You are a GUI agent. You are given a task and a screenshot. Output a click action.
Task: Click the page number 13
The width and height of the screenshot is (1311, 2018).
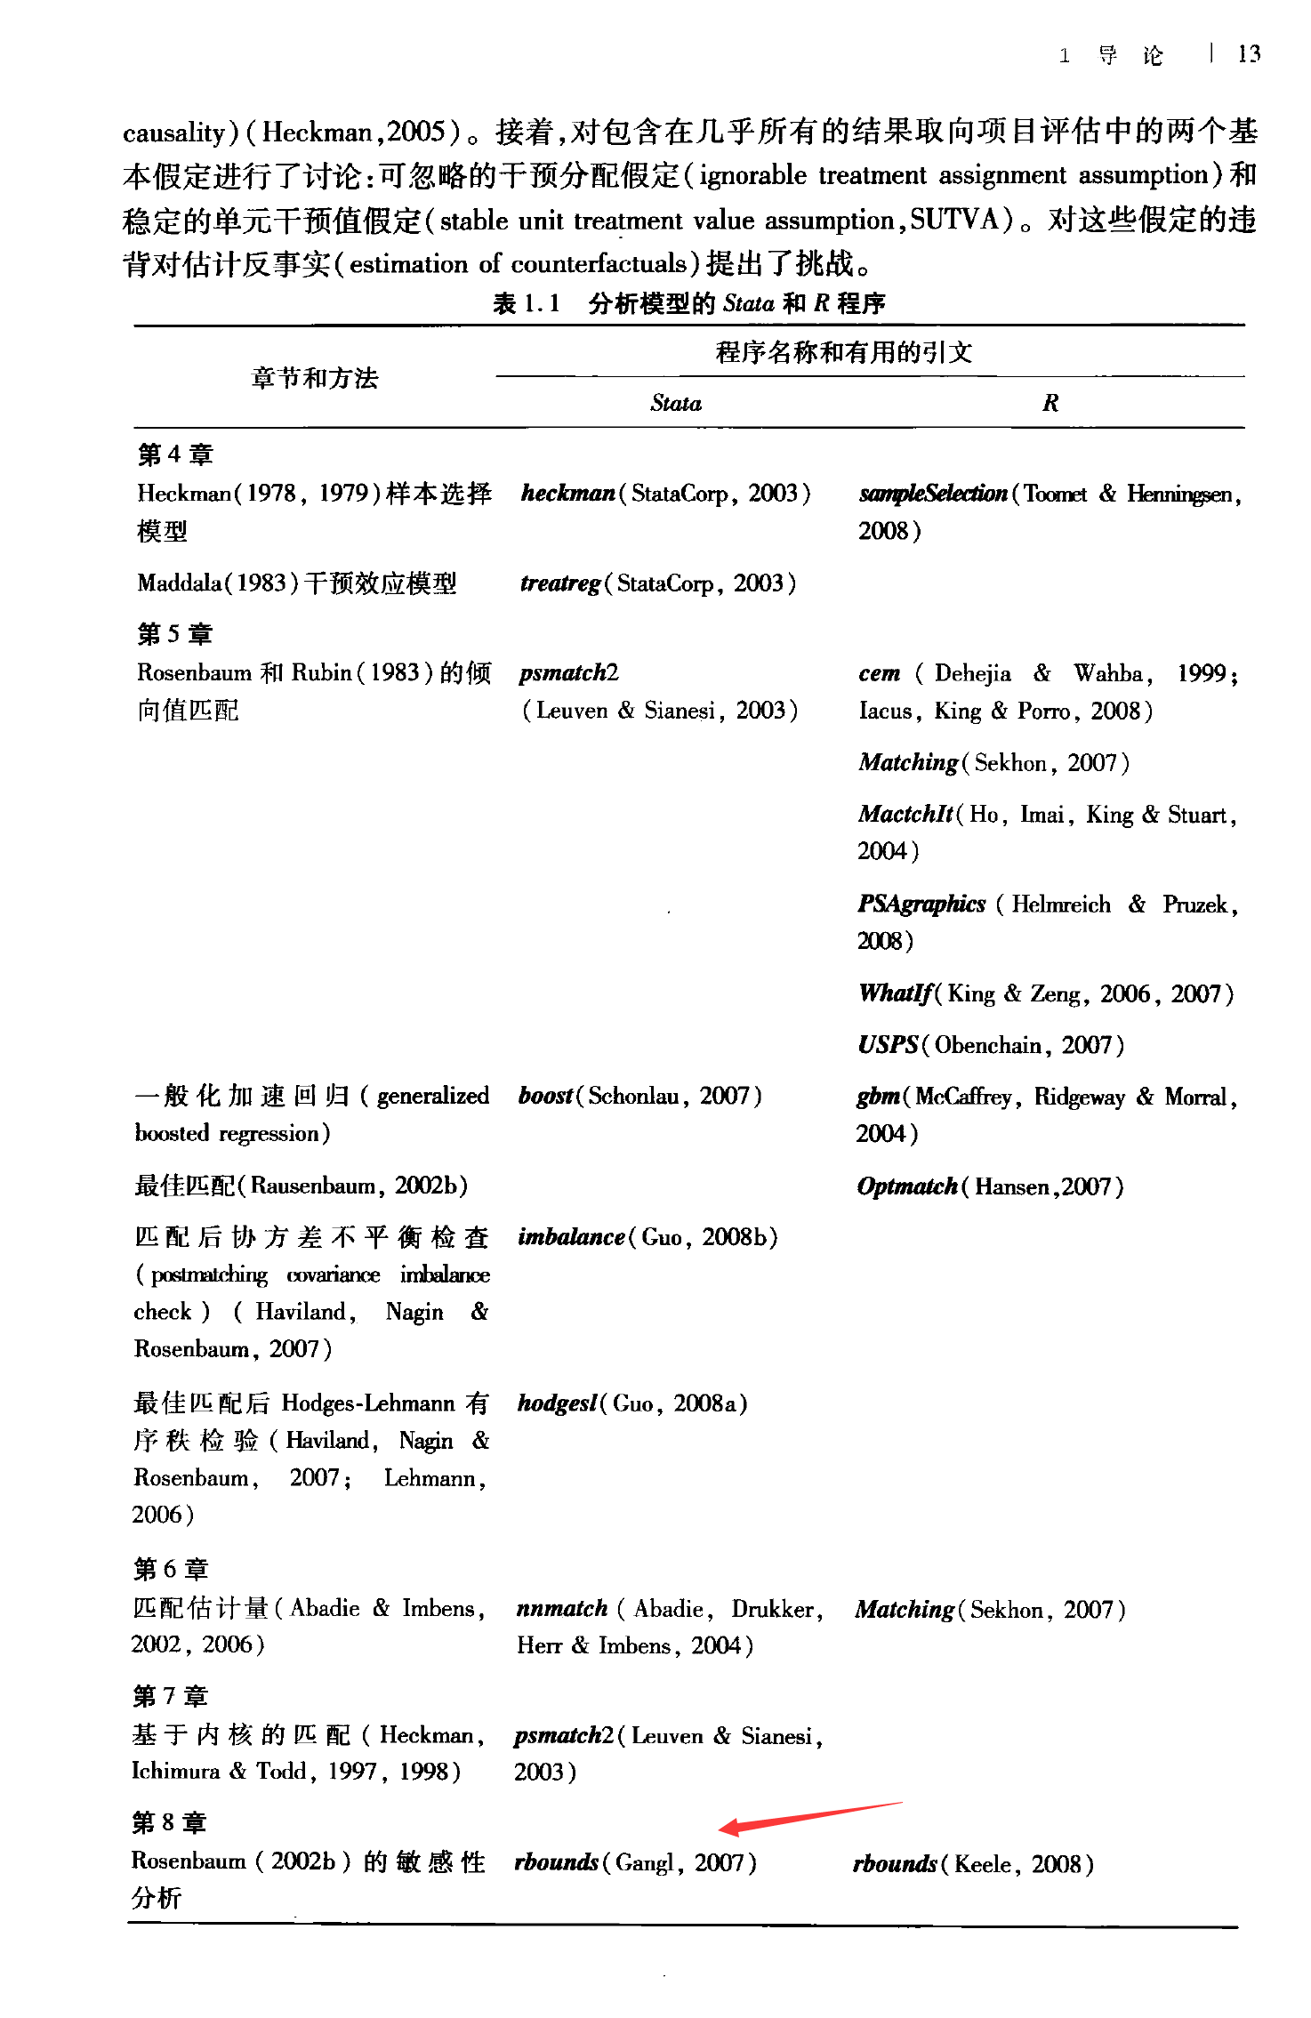click(1249, 54)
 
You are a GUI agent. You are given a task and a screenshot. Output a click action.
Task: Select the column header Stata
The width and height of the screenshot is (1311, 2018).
click(676, 404)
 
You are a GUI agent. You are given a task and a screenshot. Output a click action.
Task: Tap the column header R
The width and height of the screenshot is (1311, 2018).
click(1050, 404)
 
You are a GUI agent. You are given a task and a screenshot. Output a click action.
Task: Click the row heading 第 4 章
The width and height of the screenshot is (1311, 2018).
click(175, 454)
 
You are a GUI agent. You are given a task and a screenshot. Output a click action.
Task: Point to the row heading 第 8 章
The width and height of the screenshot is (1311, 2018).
click(169, 1822)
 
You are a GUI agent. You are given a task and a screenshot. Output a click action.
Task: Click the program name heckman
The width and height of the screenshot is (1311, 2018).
click(568, 493)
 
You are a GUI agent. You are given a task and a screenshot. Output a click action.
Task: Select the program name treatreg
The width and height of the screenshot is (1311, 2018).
click(560, 583)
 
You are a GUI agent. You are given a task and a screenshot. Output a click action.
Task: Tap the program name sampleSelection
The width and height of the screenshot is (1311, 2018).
click(932, 494)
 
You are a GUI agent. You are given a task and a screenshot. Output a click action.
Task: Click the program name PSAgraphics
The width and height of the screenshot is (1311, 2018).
click(921, 904)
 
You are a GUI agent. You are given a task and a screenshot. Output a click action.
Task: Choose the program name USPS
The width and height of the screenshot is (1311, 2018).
click(888, 1045)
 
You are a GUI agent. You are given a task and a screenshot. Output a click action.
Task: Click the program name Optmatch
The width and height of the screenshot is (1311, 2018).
click(907, 1186)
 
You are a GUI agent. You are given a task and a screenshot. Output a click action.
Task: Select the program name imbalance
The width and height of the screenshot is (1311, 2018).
click(571, 1237)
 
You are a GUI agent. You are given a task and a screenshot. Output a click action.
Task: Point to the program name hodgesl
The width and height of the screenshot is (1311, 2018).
click(557, 1403)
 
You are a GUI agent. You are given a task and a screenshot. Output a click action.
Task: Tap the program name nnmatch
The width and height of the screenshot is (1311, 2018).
click(562, 1609)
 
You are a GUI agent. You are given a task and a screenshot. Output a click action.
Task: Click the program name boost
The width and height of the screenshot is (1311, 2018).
click(545, 1096)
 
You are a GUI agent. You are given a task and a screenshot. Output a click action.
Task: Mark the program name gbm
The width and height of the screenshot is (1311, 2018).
click(878, 1097)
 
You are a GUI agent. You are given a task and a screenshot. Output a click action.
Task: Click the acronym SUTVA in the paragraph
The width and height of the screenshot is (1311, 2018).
click(956, 220)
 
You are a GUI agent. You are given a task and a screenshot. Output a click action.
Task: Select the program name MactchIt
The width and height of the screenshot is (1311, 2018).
click(905, 815)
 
